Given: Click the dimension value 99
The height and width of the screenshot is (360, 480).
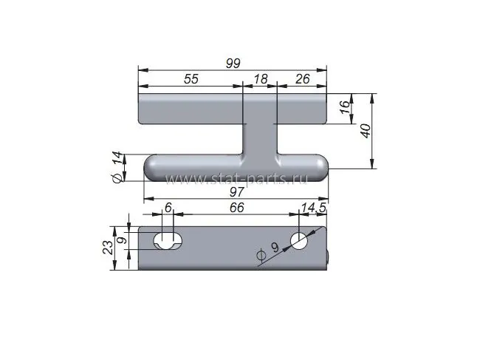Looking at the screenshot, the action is pos(233,63).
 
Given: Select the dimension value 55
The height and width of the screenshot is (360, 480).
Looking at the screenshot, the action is pos(191,79).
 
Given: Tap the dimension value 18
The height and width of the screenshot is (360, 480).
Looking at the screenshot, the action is pos(261,79).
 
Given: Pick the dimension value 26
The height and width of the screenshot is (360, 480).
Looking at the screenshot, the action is pos(303,79).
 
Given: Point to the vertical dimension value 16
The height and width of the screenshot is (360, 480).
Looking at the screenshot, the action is pos(345,107).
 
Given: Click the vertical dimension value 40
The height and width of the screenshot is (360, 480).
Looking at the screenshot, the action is pos(366,131).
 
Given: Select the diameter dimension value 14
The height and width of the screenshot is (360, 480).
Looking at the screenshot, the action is pos(117,159).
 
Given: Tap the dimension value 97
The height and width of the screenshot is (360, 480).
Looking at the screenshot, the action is pos(236,192).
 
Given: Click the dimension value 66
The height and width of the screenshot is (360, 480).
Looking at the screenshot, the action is pos(237,208).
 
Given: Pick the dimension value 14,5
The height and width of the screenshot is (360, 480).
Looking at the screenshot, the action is pos(313,208).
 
